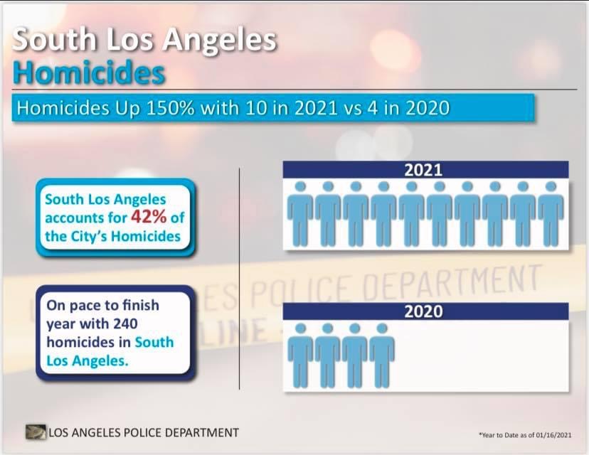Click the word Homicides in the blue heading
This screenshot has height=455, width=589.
coord(90,73)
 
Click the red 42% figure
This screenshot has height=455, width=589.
coord(148,217)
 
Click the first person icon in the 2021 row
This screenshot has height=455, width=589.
coord(300,210)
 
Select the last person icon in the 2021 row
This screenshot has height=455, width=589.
coord(551,210)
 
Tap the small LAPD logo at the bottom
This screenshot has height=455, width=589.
coord(35,432)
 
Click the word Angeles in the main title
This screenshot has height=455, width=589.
coord(218,40)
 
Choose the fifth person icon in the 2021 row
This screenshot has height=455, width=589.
coord(411,210)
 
